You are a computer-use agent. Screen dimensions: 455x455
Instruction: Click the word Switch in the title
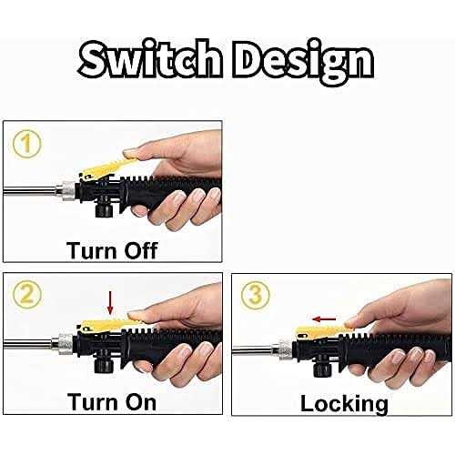coord(150,59)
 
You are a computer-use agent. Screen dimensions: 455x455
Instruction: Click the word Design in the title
coord(303,62)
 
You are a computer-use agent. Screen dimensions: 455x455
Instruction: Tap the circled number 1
coord(26,144)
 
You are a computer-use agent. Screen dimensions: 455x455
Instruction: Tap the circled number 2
coord(26,295)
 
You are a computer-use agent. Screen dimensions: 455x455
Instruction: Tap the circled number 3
coord(256,295)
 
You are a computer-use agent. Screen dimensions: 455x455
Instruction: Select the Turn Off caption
coord(112,250)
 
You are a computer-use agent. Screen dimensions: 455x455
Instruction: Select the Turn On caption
coord(112,402)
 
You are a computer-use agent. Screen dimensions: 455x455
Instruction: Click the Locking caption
coord(344,404)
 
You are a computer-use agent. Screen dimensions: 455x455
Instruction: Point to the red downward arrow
coord(110,303)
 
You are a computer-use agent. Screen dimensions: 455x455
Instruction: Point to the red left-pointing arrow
coord(324,318)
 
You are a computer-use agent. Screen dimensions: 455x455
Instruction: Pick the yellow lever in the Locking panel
coord(321,331)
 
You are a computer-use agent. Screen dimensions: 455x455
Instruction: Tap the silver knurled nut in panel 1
coord(67,191)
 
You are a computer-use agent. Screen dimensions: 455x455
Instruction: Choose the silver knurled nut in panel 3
coord(285,349)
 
